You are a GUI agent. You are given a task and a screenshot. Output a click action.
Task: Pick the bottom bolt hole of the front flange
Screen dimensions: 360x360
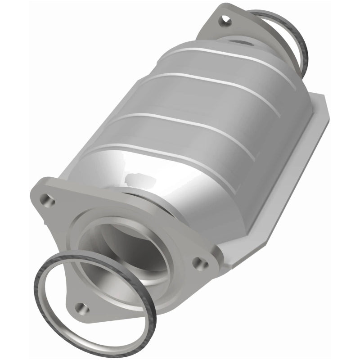pos(81,308)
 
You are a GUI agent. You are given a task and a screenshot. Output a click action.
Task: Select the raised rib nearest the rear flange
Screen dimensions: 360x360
pos(234,58)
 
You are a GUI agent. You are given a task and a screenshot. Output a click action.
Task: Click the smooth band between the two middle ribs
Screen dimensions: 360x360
pos(198,106)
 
